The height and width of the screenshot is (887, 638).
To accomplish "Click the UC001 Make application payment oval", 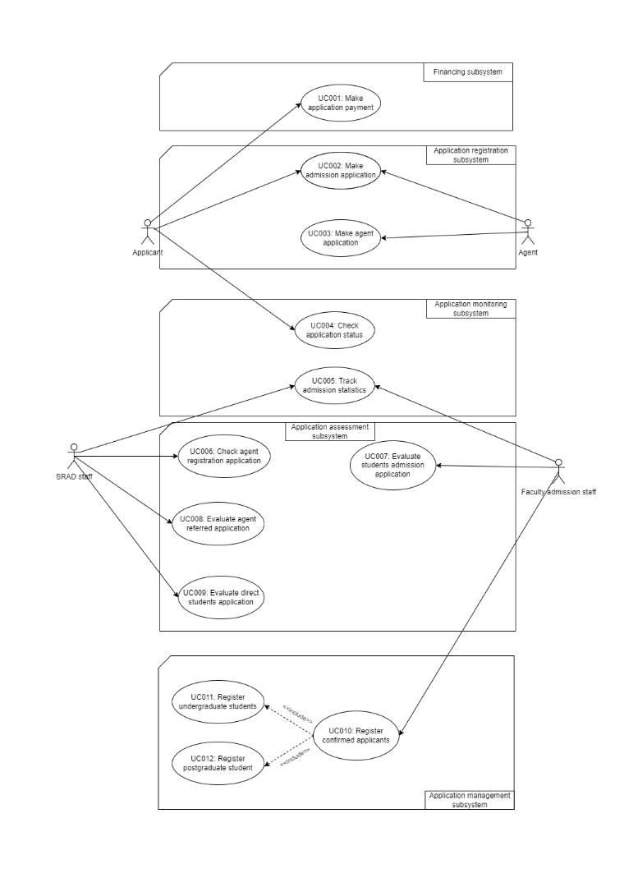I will tap(341, 103).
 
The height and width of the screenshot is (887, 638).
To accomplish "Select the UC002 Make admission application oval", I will tap(341, 170).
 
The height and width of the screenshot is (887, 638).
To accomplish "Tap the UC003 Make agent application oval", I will tap(341, 237).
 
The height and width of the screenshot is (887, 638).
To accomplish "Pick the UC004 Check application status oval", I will tap(336, 330).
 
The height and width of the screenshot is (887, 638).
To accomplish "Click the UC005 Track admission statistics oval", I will tap(336, 385).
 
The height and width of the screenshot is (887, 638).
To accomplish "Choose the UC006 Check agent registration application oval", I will tap(224, 456).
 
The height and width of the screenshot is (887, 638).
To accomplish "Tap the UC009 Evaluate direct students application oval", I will tap(222, 597).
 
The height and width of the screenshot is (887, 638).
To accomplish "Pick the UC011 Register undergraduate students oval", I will tap(218, 701).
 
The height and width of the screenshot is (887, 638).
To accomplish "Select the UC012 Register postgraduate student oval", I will tap(218, 762).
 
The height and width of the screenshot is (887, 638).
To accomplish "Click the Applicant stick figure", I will tap(148, 232).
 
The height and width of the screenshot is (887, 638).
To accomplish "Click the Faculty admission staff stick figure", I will tap(558, 471).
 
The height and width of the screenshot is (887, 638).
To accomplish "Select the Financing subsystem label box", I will tap(468, 72).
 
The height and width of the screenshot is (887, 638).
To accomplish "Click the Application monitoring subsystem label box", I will tap(470, 309).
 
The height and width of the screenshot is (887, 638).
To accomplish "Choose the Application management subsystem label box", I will tap(470, 800).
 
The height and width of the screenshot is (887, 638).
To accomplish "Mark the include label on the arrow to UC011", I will tap(297, 713).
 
